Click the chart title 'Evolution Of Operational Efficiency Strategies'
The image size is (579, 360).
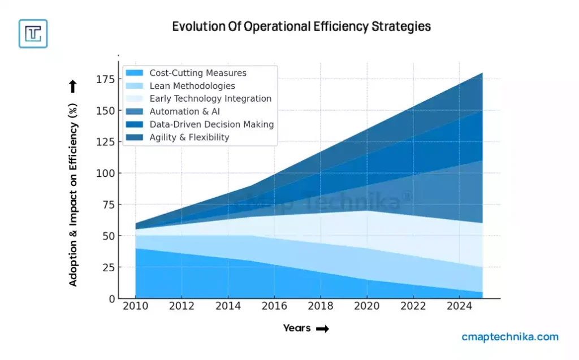(x=301, y=27)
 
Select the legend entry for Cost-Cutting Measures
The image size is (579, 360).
(x=197, y=73)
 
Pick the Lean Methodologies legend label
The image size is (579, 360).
(x=192, y=86)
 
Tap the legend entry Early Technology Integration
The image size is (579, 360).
(x=210, y=98)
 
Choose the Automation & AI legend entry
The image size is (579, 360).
(x=185, y=111)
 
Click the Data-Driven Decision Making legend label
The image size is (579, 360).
(x=211, y=124)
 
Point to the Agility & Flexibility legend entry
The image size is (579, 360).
(x=189, y=137)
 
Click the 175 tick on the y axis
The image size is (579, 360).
(x=106, y=79)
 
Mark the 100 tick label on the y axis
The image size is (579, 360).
(x=106, y=173)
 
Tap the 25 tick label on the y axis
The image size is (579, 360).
(x=109, y=267)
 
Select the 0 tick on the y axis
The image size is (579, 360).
(x=112, y=298)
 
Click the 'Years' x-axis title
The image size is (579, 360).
(x=297, y=328)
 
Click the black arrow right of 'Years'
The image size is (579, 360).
(x=322, y=329)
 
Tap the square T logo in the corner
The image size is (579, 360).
(x=33, y=33)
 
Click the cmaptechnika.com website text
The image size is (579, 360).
(x=510, y=337)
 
